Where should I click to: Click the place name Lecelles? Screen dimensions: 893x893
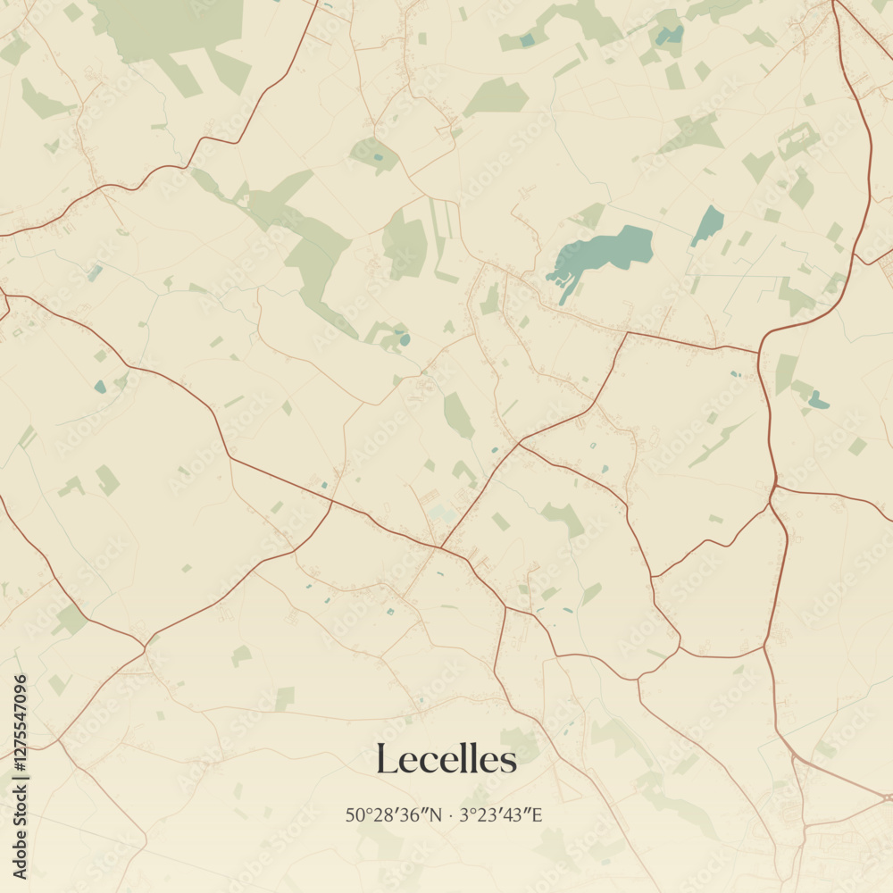pos(446,760)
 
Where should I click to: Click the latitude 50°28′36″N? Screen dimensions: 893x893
pos(393,814)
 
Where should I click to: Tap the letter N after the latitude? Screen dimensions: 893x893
pos(435,814)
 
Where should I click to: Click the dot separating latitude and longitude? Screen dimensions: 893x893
pos(452,814)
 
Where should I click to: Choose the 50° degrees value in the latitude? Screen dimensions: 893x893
pos(357,814)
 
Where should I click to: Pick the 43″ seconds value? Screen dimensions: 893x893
pos(516,814)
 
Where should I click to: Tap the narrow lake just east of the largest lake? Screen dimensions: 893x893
pos(708,225)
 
